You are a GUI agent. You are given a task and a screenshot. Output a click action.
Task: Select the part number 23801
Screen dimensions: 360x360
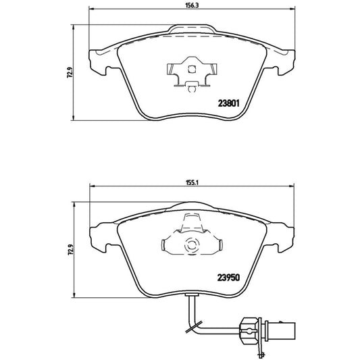click(x=230, y=103)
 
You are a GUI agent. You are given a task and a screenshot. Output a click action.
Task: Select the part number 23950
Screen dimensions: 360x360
click(x=230, y=276)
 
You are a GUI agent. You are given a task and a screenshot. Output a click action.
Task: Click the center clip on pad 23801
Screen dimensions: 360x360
click(x=191, y=73)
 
